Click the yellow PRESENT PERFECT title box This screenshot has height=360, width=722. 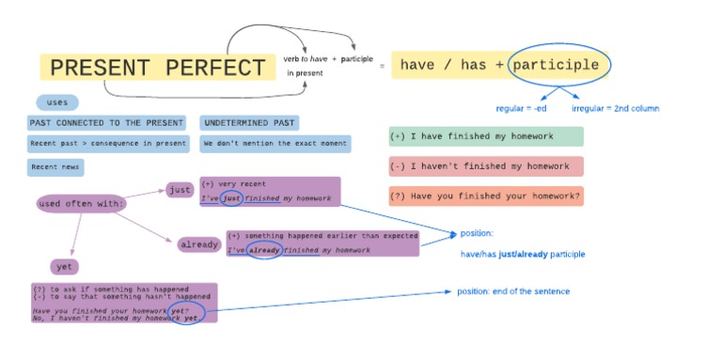click(x=157, y=68)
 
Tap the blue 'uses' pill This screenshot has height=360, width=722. click(x=57, y=102)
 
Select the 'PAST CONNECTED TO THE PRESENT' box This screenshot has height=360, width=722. click(x=106, y=123)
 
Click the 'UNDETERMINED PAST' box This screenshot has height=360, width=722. click(x=249, y=123)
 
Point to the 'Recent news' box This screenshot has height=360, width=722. click(x=55, y=167)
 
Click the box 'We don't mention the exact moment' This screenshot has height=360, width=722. click(x=275, y=145)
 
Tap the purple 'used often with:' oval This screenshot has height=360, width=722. click(x=82, y=203)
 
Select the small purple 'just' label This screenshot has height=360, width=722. click(x=179, y=190)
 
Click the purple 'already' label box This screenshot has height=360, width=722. click(x=199, y=244)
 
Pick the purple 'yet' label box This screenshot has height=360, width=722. click(x=64, y=266)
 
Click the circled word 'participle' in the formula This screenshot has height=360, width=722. click(x=559, y=65)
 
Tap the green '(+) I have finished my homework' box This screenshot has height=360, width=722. click(x=485, y=137)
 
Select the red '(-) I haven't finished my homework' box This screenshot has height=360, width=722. click(x=485, y=166)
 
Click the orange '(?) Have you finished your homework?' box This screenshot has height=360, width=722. click(x=485, y=196)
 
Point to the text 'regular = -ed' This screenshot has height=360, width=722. click(x=521, y=108)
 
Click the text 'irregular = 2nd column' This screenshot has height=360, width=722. click(x=615, y=108)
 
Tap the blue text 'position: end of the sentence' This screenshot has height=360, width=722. click(x=513, y=291)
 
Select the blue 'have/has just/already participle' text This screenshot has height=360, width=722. click(x=523, y=254)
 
